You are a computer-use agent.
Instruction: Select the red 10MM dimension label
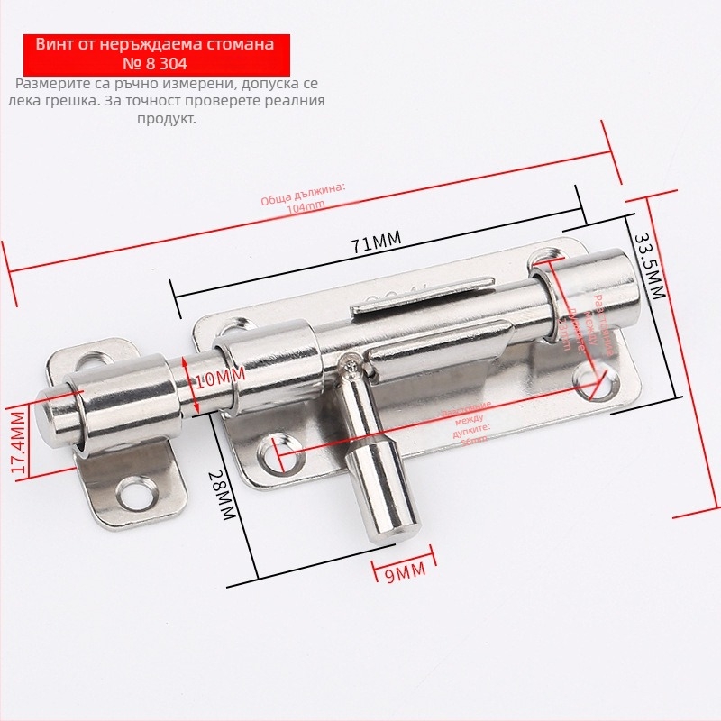pos(219,378)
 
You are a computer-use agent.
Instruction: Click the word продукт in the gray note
pos(166,118)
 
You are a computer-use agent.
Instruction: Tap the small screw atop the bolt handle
pos(350,362)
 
